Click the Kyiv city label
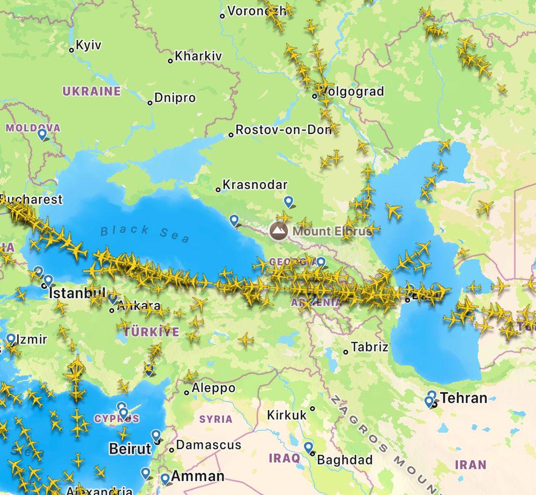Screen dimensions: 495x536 [88, 46]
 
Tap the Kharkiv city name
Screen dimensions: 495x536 [198, 56]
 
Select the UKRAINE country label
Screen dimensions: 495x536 [92, 91]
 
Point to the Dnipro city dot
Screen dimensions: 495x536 [151, 102]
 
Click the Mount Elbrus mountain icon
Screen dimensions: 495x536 [278, 231]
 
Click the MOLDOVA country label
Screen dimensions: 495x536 [33, 128]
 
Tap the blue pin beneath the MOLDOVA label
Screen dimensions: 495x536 [42, 134]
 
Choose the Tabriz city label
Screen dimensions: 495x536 [369, 347]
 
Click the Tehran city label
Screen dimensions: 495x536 [464, 398]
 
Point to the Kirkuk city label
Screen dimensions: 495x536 [287, 415]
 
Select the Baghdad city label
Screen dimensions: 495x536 [345, 460]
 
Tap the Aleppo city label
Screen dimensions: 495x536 [213, 388]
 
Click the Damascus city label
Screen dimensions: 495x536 [209, 445]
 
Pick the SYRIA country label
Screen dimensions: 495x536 [215, 419]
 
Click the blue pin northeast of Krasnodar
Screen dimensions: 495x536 [289, 201]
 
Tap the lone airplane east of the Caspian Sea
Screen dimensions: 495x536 [485, 207]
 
